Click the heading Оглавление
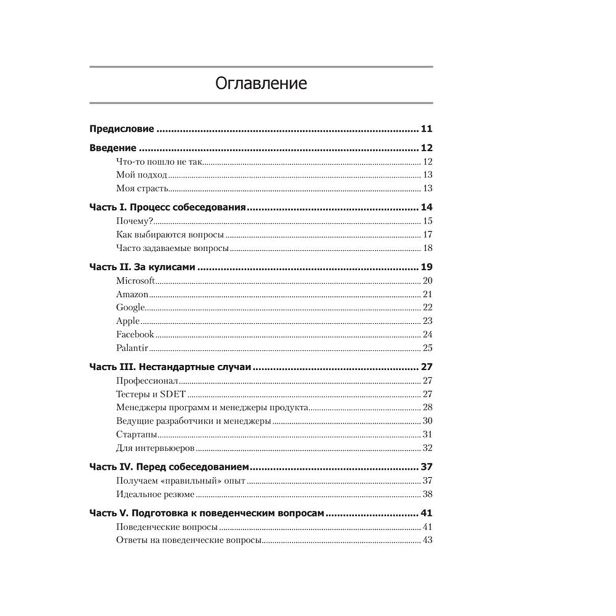click(261, 84)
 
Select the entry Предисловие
click(121, 129)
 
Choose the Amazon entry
click(132, 294)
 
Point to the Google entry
click(131, 307)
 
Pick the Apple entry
click(128, 321)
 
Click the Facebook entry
click(135, 334)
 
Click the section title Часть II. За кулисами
click(142, 267)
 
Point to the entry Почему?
click(134, 221)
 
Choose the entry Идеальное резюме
click(155, 494)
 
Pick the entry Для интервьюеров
click(155, 448)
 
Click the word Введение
click(113, 148)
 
